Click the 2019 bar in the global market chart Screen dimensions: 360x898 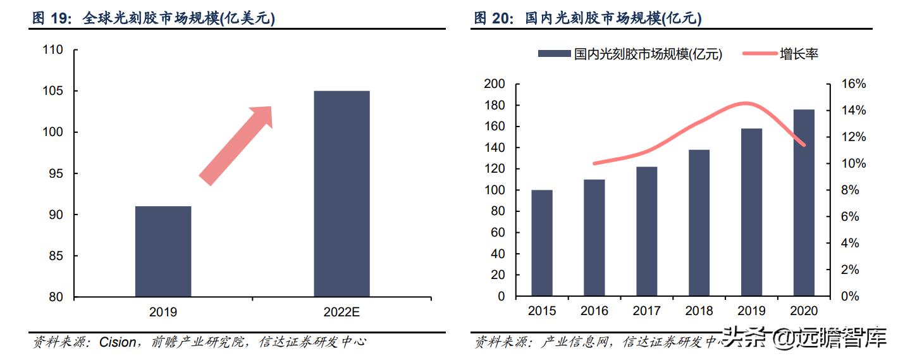tap(163, 252)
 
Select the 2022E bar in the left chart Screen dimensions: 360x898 tap(341, 194)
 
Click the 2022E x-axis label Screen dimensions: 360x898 tap(341, 313)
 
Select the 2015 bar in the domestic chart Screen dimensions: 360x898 tap(542, 243)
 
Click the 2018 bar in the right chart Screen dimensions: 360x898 tap(699, 223)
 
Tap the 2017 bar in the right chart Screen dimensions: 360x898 tap(646, 232)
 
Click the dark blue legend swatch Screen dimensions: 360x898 tap(554, 54)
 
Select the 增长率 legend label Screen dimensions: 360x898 tap(799, 54)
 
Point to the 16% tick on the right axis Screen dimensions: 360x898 tap(853, 84)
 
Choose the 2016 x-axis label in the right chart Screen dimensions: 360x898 tap(594, 311)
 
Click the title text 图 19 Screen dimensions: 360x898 tap(54, 19)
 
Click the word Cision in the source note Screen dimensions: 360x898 tap(118, 342)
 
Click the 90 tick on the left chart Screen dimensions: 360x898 tap(55, 215)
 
